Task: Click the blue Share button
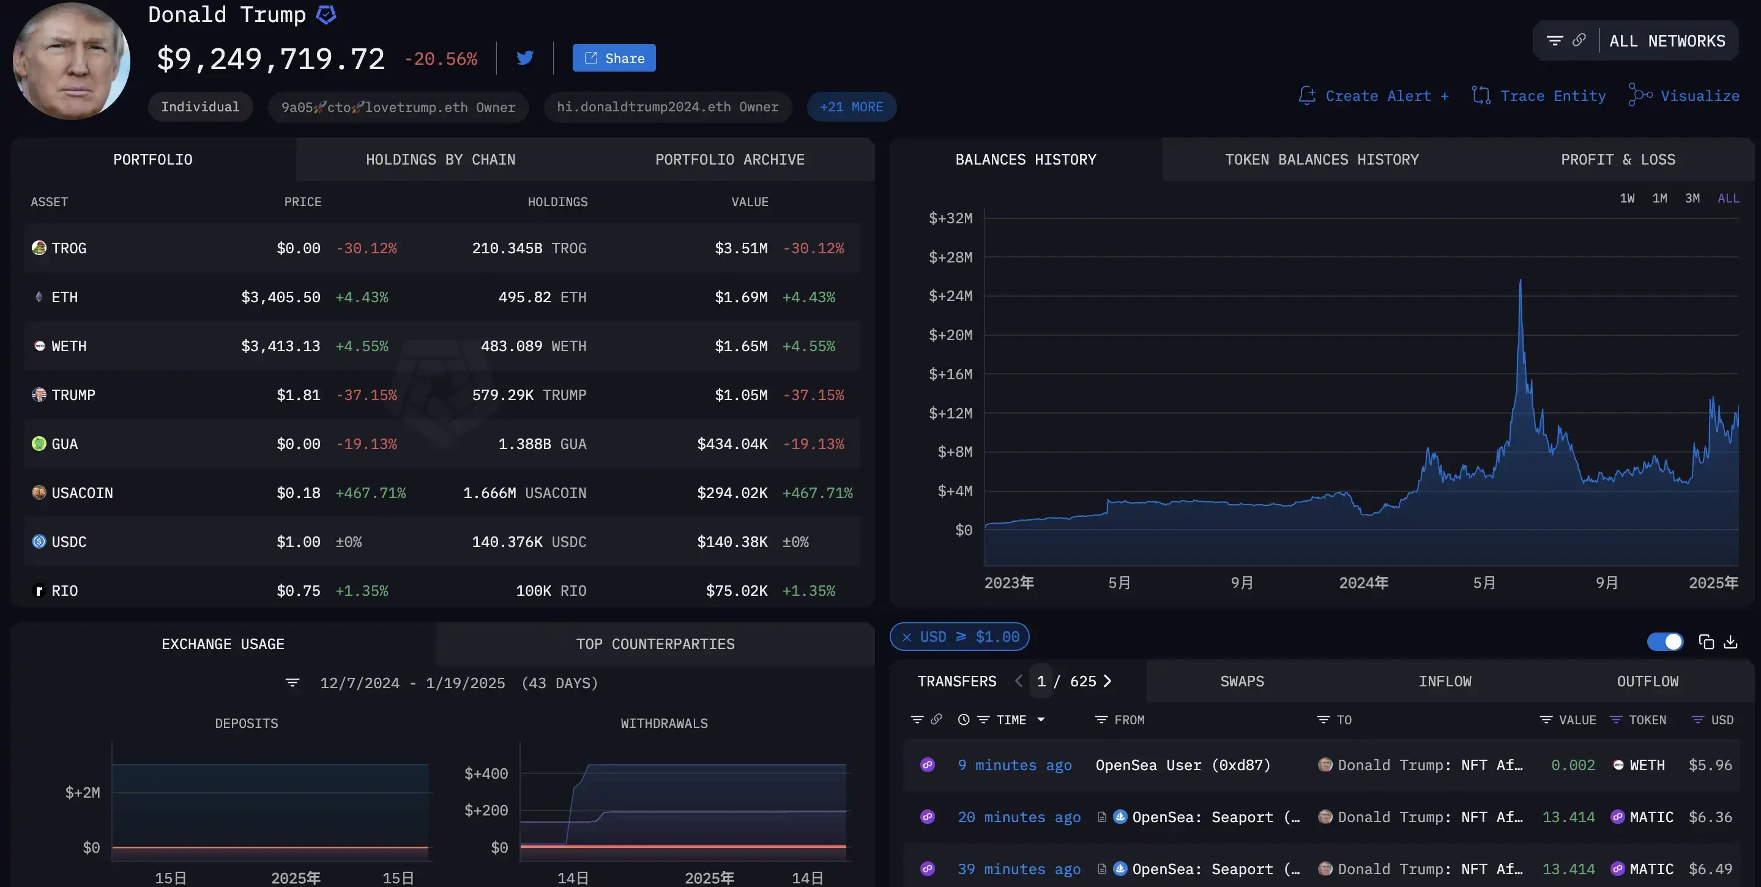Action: (x=614, y=58)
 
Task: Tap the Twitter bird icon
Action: (x=525, y=58)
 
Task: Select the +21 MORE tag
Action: (x=851, y=106)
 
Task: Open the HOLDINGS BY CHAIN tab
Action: (x=441, y=160)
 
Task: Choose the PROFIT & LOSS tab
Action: (x=1617, y=160)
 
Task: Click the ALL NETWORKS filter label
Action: (x=1667, y=41)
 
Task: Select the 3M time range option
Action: (x=1692, y=198)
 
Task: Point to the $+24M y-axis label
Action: (x=950, y=296)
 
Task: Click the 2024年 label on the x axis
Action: (x=1363, y=583)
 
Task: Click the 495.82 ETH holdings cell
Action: (x=542, y=297)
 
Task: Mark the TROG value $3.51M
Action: (x=741, y=248)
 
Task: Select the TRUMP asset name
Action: (x=73, y=395)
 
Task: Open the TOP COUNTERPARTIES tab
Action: (x=655, y=644)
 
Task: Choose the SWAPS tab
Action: (x=1242, y=681)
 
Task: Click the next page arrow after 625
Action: (x=1108, y=681)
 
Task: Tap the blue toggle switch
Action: (x=1664, y=642)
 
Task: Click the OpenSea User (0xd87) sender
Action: (x=1183, y=765)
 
